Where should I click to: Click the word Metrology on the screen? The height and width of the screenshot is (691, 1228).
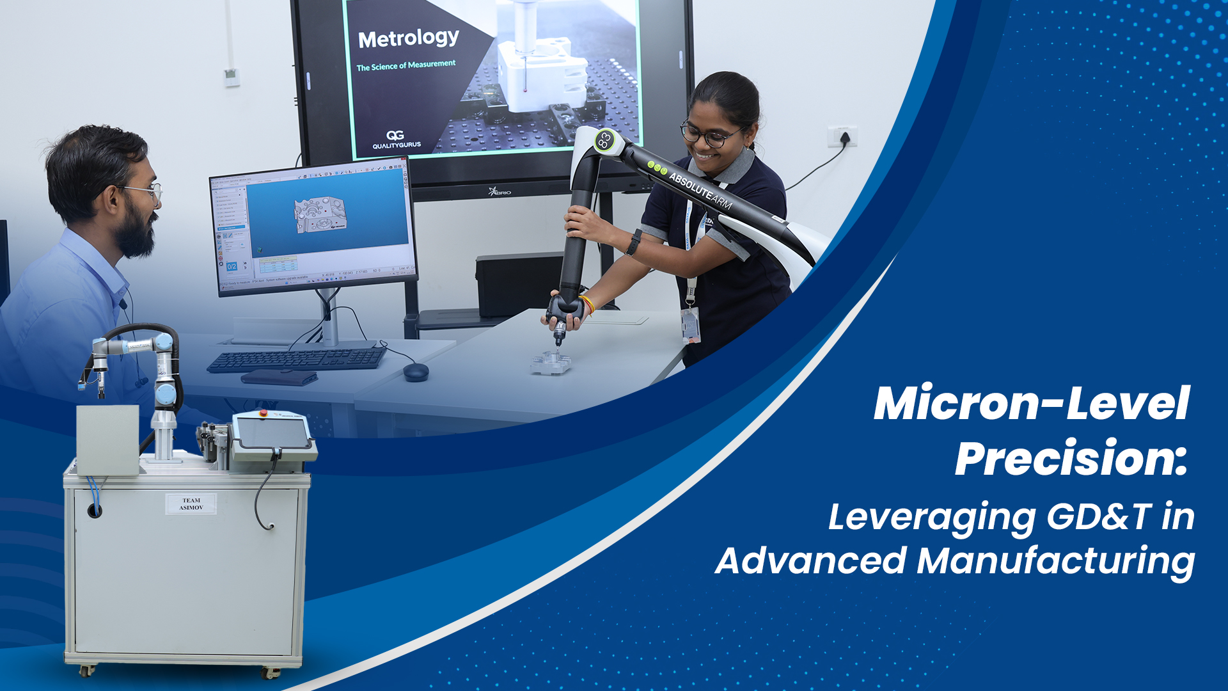(408, 39)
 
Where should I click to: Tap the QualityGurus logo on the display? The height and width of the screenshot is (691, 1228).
(397, 139)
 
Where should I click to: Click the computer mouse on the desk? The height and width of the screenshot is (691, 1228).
(416, 371)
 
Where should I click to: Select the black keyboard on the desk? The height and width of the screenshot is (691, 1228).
(297, 360)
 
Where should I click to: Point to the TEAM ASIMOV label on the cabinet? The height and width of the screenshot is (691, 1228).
(191, 504)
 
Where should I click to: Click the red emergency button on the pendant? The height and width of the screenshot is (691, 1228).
(263, 413)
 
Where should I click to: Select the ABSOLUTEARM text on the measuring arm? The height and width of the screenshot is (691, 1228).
(700, 190)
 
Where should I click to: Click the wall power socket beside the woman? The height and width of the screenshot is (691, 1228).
(842, 136)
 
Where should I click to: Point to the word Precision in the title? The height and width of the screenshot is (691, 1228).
(1071, 458)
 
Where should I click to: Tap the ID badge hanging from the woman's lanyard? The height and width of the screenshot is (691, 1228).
(691, 324)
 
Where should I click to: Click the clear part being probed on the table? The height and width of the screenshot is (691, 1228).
(551, 363)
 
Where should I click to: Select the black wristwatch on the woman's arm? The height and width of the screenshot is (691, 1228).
(634, 242)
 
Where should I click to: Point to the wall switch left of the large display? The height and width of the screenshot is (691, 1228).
(232, 77)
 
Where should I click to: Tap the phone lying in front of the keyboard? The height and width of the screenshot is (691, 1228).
(279, 377)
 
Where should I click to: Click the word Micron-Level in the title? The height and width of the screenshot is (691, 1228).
(1031, 404)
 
